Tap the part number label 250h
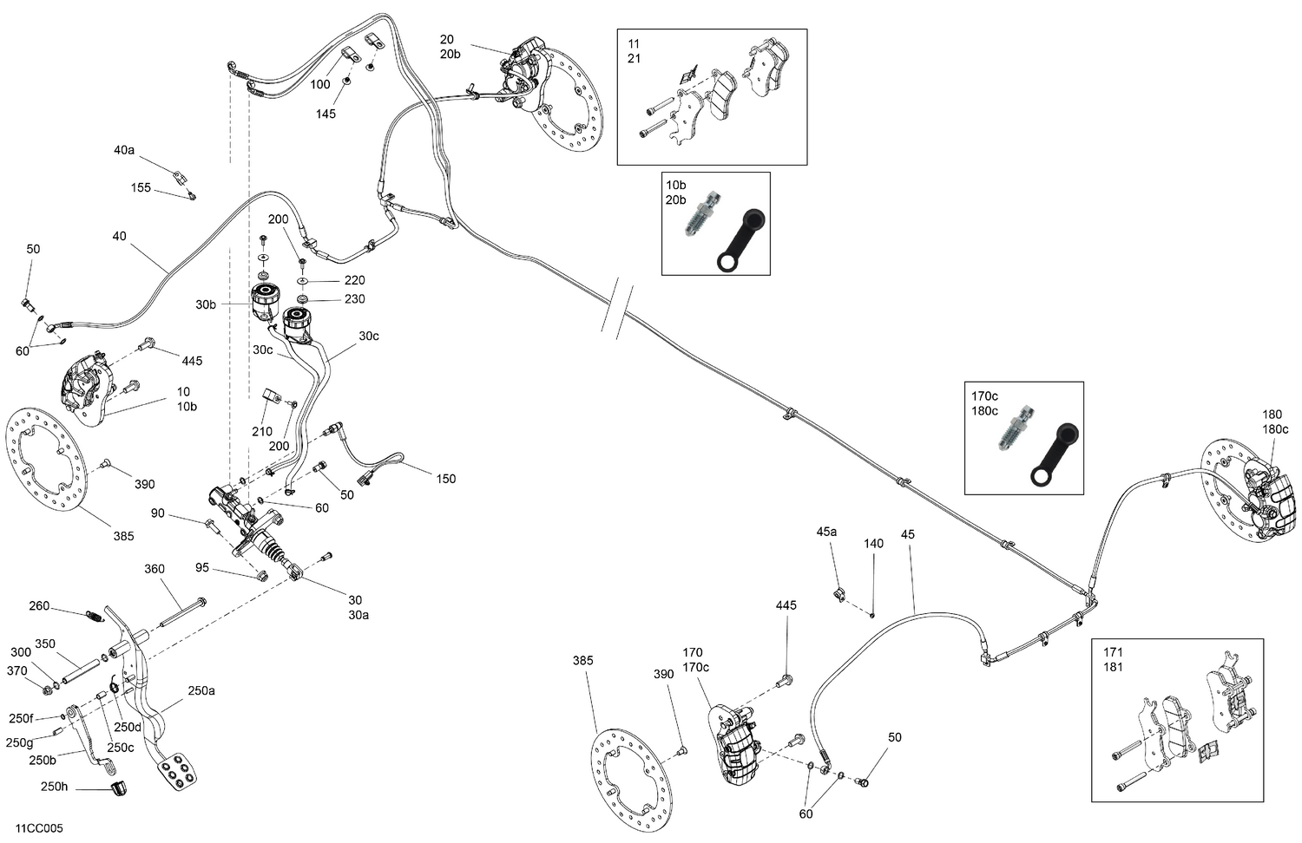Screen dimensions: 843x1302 pos(53,787)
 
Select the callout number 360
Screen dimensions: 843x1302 pos(154,569)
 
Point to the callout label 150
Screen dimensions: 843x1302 pos(445,479)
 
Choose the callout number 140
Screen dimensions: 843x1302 pos(873,544)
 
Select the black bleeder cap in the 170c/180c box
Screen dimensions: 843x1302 pos(1055,454)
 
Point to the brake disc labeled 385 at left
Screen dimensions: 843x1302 pos(46,465)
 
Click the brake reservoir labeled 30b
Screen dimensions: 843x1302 pos(265,302)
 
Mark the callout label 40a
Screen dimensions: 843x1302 pos(124,150)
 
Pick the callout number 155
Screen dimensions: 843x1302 pos(141,187)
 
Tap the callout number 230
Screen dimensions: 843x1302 pos(354,298)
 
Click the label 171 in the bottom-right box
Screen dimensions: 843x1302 pos(1113,652)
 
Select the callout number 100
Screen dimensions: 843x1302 pos(320,84)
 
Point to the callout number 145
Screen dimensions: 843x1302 pos(325,114)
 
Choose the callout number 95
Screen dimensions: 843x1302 pos(202,568)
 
